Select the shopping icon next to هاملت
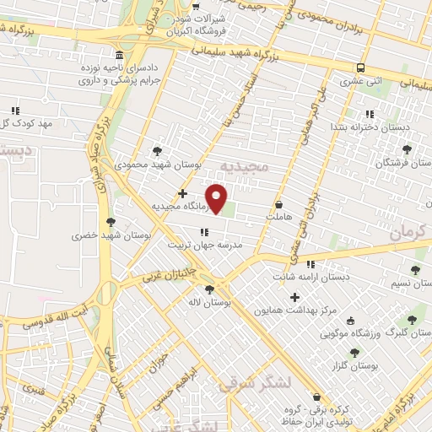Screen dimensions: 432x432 (x=278, y=204)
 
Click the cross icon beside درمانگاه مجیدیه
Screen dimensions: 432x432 (x=183, y=193)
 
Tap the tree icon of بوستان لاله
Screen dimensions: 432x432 (x=209, y=289)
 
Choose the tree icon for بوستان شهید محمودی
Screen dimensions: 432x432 (x=157, y=151)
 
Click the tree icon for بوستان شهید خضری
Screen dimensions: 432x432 (x=111, y=222)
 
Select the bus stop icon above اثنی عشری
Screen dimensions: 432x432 (x=361, y=68)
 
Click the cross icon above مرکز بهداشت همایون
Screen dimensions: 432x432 (x=294, y=297)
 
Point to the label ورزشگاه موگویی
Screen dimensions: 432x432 (x=348, y=333)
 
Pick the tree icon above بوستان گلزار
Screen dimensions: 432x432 (x=355, y=352)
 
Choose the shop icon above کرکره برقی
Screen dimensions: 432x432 (x=317, y=397)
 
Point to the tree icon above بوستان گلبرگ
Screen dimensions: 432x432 (x=411, y=320)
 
